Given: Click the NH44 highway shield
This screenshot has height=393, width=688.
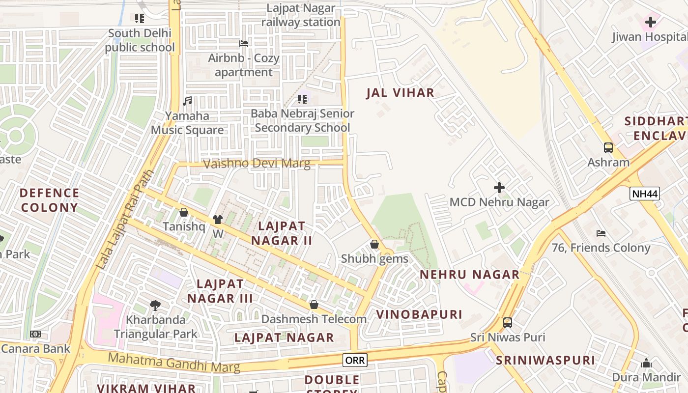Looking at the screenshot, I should (644, 194).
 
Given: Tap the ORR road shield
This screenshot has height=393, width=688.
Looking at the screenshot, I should (355, 360).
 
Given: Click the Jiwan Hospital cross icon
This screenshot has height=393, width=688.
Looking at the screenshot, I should (651, 22).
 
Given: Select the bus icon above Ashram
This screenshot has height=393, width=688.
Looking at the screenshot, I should (608, 147).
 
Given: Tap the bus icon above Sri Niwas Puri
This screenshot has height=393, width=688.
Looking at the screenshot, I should (508, 323).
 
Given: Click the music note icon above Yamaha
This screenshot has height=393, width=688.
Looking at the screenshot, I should (187, 101).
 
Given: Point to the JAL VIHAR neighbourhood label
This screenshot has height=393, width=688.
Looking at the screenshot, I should (400, 93).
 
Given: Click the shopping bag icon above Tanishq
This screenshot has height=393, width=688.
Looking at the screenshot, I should (183, 212).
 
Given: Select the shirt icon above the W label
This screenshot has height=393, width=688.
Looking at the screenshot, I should (218, 220).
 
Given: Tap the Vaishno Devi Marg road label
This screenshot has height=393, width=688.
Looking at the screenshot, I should (257, 164).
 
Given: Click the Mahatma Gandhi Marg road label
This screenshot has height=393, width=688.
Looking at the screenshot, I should (174, 362).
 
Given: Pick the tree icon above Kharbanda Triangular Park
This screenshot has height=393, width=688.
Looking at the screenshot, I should (155, 306).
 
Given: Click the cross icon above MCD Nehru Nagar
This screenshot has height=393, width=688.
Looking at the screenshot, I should (499, 188).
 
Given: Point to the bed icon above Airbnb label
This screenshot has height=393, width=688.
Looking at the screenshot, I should (243, 44).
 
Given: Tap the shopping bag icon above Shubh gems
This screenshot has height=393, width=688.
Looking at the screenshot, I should (374, 244).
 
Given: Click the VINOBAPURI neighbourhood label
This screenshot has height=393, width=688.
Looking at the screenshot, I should (419, 314).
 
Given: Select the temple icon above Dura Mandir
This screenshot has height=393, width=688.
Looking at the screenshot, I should (646, 364).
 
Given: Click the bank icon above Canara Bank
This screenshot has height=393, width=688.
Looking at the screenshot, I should (35, 334).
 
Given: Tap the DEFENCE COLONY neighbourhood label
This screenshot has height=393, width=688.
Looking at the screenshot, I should (49, 200).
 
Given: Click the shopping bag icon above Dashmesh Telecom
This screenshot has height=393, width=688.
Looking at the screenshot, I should (314, 305).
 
